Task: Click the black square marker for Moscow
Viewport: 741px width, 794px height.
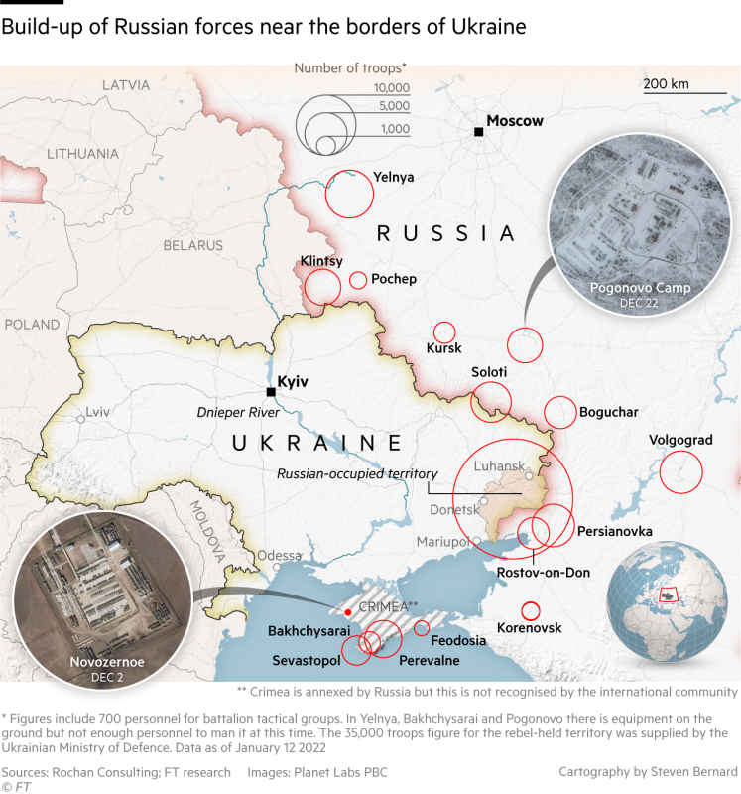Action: tap(478, 132)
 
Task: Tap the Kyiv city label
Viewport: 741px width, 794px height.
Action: tap(294, 381)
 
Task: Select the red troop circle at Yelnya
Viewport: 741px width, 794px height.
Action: tap(349, 194)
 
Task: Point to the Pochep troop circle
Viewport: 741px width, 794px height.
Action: tap(358, 281)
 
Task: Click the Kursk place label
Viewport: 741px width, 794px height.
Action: tap(443, 349)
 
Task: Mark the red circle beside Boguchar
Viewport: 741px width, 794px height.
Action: tap(559, 412)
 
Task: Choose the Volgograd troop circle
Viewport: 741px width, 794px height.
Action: tap(680, 471)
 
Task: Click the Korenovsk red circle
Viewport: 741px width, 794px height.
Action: tap(530, 611)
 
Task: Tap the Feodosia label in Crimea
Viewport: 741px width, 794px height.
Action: tap(458, 640)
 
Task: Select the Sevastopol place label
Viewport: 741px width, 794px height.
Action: tap(307, 660)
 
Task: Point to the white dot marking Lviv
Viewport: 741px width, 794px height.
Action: tap(81, 419)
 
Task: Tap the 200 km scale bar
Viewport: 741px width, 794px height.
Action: tap(683, 92)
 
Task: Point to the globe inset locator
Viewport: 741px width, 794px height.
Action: tap(664, 595)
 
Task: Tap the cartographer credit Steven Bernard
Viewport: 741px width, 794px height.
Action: tap(648, 771)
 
